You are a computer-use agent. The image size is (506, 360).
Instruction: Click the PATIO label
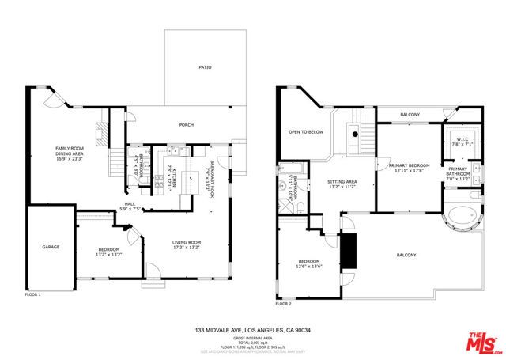(x=205, y=68)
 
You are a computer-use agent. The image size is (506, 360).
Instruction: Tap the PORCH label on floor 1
(x=187, y=125)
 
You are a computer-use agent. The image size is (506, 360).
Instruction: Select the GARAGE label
(x=51, y=247)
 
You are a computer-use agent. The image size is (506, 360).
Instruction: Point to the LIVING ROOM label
(x=187, y=244)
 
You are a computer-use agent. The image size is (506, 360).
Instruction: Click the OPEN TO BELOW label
(x=305, y=132)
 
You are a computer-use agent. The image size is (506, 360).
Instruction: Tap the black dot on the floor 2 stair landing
(x=355, y=135)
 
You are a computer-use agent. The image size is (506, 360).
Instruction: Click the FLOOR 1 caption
(x=33, y=294)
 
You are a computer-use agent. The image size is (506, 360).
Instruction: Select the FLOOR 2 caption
(x=283, y=304)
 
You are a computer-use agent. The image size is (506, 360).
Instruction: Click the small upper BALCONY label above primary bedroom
(x=410, y=115)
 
